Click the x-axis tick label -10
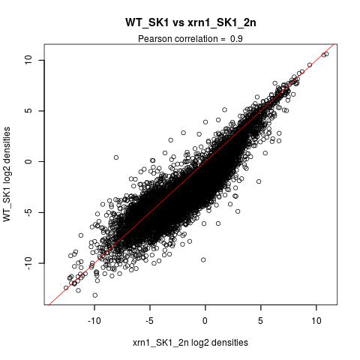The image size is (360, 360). coord(94,320)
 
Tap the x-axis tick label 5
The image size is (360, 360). coord(261,320)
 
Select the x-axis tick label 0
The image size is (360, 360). coord(205,320)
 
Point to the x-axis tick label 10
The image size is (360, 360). coord(316,320)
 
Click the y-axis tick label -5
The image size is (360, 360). coord(28,212)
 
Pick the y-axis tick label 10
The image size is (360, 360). coord(28,60)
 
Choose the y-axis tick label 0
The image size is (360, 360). coord(28,161)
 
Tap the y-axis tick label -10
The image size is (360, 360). coord(28,263)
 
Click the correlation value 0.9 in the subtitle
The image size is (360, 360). coord(236,39)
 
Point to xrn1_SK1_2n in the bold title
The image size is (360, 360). coord(221,22)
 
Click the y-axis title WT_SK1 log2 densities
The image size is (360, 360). coord(7,174)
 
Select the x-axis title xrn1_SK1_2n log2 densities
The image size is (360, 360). coord(190,343)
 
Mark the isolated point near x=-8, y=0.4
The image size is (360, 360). coord(116,157)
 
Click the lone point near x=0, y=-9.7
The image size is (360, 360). coord(203,260)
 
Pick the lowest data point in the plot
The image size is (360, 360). coord(95,295)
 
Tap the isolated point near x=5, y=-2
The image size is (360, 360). coord(259,181)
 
